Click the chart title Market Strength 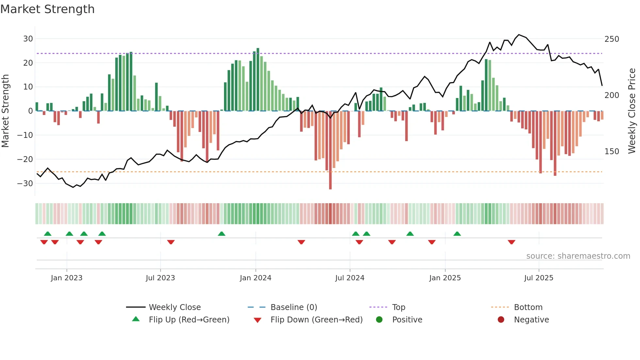[x=47, y=9]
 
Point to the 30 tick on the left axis [x=28, y=39]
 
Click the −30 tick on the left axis [x=25, y=183]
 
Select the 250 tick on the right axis [x=612, y=39]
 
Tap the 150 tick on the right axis [x=612, y=152]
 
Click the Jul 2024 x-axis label [x=350, y=278]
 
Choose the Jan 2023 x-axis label [x=67, y=278]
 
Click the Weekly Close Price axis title [x=632, y=111]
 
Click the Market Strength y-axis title [x=5, y=111]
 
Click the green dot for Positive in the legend [x=379, y=319]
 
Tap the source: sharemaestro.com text [x=578, y=256]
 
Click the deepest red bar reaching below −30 [x=330, y=150]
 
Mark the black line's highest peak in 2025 [x=519, y=35]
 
